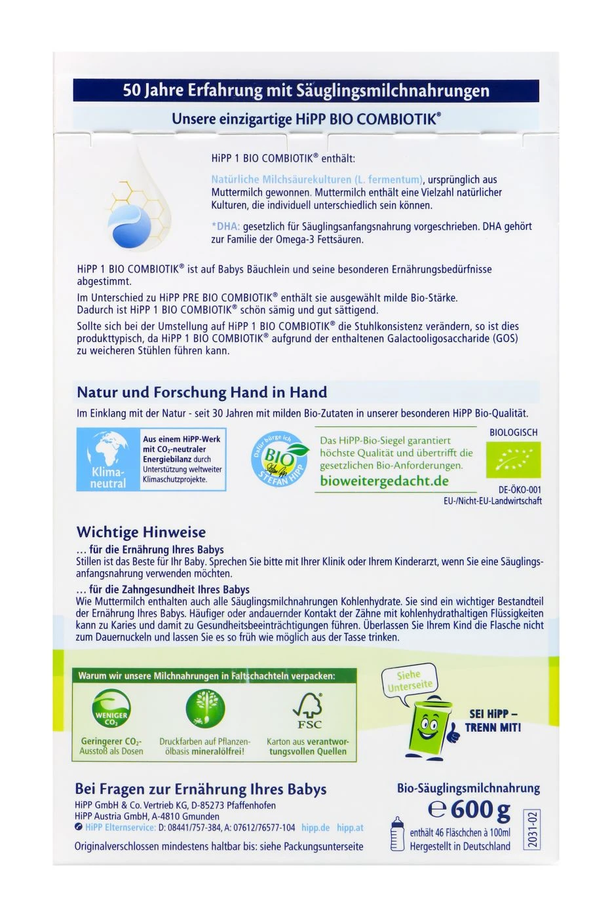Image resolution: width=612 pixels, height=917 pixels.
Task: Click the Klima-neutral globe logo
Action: coord(109,459)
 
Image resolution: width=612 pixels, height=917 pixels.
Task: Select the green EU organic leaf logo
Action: coord(513,460)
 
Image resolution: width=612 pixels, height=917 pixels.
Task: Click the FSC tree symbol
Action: coord(307,711)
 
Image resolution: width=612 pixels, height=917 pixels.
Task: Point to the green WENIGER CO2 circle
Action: coord(111,712)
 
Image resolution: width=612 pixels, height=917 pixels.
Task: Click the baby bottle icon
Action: coord(397,834)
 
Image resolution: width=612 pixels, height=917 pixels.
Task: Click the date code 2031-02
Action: coord(533,830)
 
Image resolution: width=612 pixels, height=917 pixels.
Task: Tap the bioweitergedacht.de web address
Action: coord(384,481)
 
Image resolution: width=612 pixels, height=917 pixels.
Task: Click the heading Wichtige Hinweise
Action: coord(141,532)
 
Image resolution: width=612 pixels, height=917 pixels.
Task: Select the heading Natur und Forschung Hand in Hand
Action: coord(202,392)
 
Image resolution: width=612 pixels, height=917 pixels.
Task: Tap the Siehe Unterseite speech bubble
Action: coord(410,681)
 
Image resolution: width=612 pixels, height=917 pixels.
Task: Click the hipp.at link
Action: coord(351,828)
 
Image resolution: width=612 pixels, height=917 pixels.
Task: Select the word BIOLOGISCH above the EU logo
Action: coord(513,432)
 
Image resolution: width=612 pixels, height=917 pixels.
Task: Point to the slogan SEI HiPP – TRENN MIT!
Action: coord(493,720)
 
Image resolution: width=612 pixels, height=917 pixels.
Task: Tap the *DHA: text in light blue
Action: coord(225,227)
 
